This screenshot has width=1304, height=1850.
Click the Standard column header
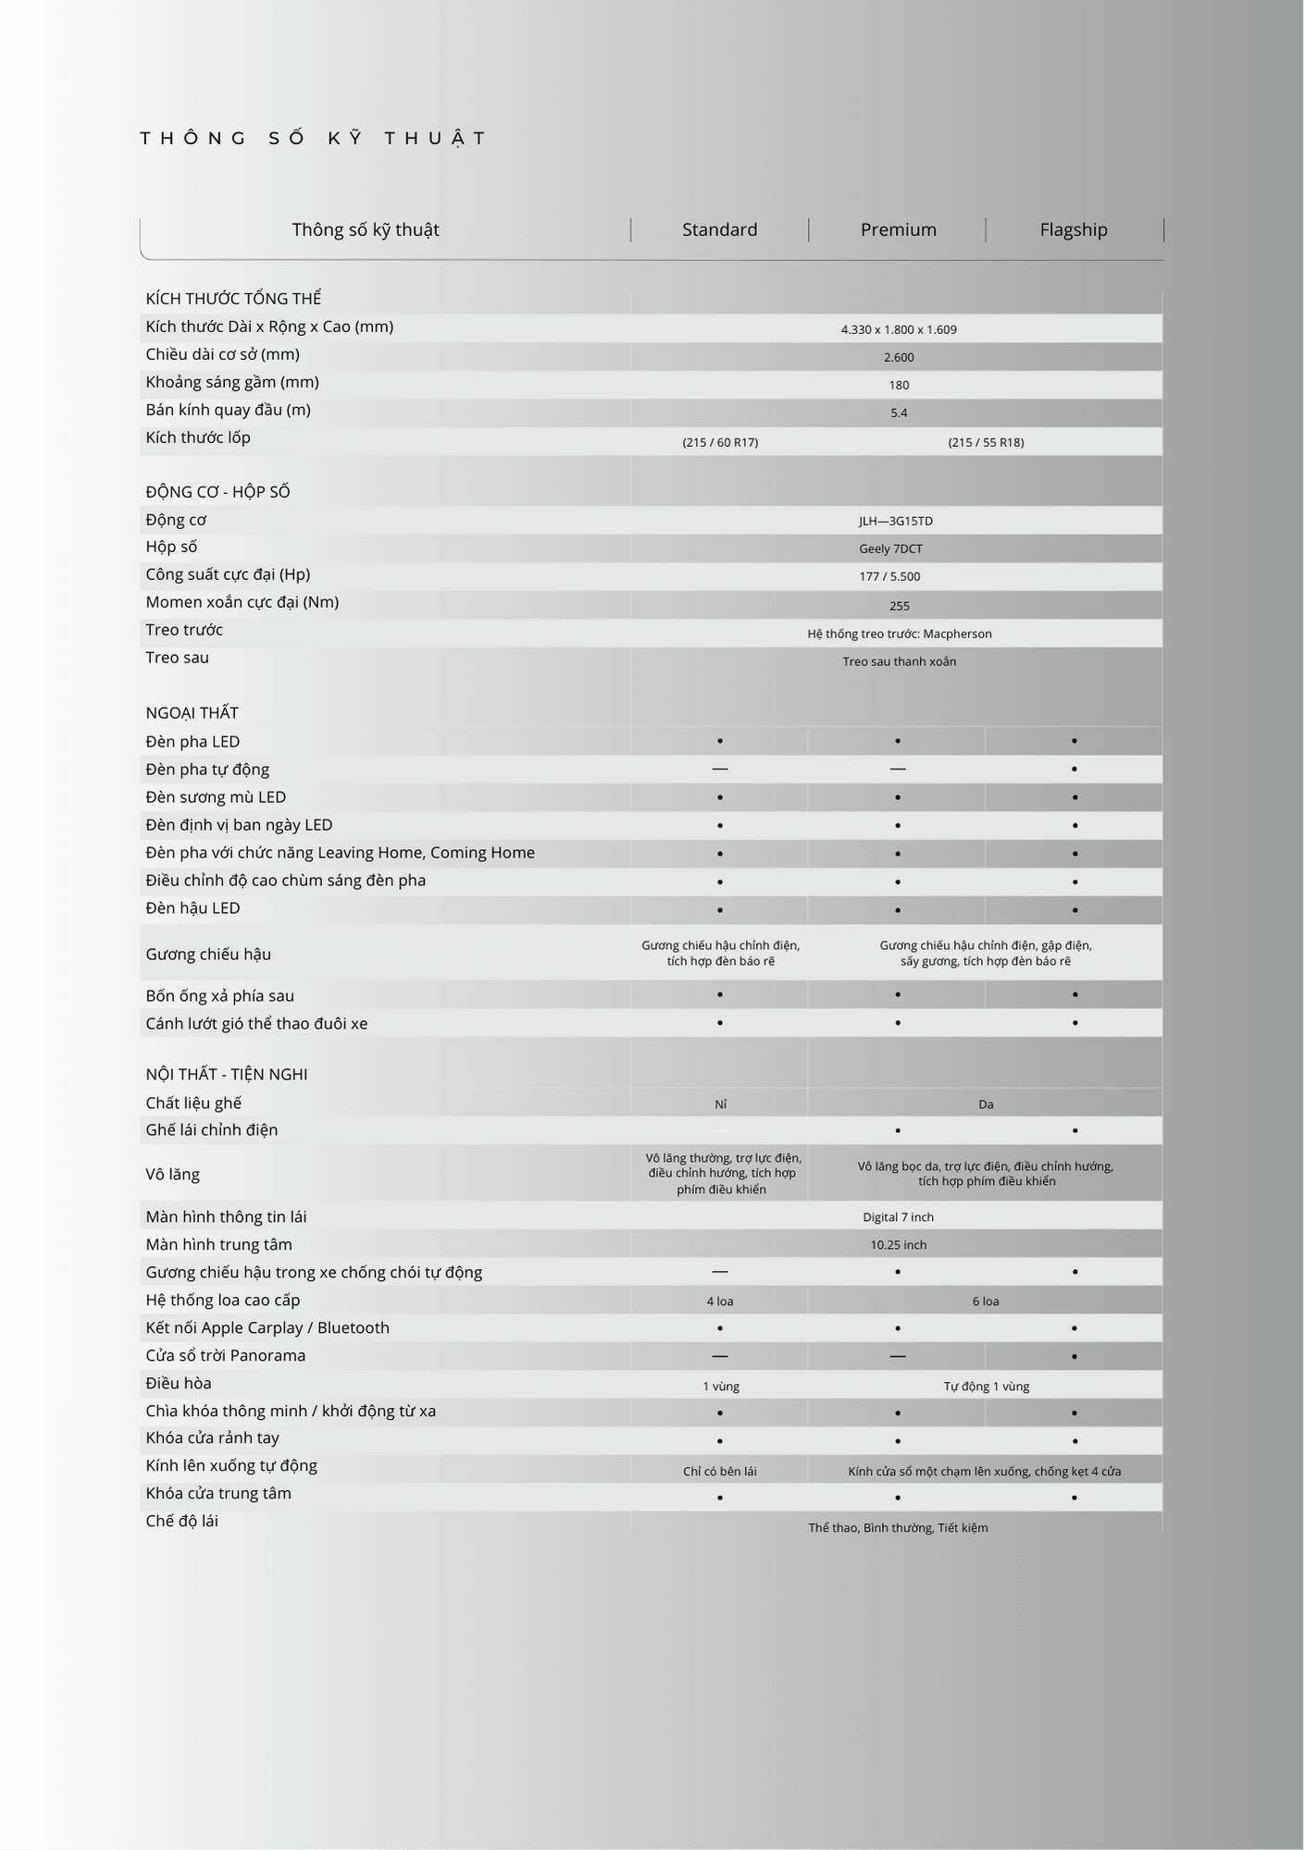(719, 229)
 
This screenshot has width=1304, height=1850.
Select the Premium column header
(898, 229)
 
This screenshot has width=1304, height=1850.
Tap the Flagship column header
(1073, 229)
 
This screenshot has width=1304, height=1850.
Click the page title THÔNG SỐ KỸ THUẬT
(314, 139)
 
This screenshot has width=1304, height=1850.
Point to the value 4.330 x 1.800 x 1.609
(899, 329)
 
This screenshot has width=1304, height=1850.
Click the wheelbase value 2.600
(899, 357)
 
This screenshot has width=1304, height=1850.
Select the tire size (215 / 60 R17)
(720, 442)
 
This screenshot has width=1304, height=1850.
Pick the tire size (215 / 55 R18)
(986, 442)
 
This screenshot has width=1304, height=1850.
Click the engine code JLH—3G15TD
(895, 521)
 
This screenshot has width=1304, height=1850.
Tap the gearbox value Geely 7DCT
(890, 549)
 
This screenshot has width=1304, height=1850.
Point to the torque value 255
(899, 606)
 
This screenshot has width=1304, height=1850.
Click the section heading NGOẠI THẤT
(192, 713)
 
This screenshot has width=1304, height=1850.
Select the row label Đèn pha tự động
(207, 770)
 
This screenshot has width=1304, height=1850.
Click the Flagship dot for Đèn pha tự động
(1074, 770)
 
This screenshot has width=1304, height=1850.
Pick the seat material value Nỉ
(720, 1104)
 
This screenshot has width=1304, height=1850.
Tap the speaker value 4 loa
(720, 1301)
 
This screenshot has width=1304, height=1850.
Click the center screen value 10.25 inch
(898, 1245)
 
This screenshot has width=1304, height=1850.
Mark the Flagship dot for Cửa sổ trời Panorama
(1074, 1357)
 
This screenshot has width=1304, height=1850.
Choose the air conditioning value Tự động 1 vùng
(986, 1387)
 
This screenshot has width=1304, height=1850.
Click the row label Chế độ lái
(181, 1522)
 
